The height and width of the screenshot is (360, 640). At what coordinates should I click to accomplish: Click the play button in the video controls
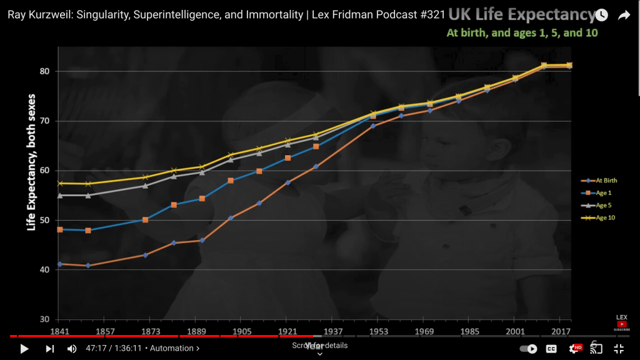[24, 349]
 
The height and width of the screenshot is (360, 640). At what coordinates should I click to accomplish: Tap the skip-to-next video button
[50, 349]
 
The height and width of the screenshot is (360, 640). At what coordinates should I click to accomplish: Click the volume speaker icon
[72, 349]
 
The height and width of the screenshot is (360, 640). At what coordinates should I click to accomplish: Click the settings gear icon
[574, 349]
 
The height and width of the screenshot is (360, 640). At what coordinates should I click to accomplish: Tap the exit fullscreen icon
[619, 349]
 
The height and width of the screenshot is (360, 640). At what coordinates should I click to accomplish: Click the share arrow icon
[624, 16]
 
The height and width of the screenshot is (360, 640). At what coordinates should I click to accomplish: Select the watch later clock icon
[601, 16]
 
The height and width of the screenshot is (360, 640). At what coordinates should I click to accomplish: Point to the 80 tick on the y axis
[44, 71]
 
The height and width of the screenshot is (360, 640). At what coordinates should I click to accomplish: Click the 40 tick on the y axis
[44, 270]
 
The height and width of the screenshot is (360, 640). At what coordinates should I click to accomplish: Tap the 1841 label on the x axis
[59, 331]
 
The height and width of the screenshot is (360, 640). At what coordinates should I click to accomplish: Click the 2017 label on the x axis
[561, 331]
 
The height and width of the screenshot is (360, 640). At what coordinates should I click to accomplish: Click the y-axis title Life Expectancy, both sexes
[31, 162]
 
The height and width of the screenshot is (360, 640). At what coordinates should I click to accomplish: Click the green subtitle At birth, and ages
[522, 32]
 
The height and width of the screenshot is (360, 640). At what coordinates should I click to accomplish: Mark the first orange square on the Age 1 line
[60, 230]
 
